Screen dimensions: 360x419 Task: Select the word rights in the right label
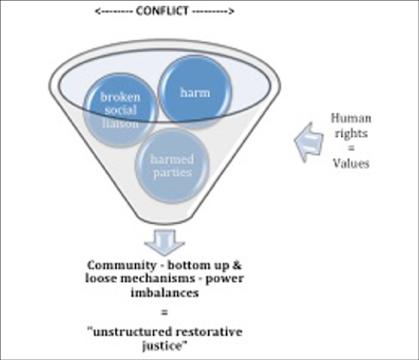tap(350, 132)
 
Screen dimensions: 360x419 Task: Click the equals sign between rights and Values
tap(350, 148)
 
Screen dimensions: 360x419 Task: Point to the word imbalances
tap(164, 293)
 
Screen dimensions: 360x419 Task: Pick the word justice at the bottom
tap(164, 346)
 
